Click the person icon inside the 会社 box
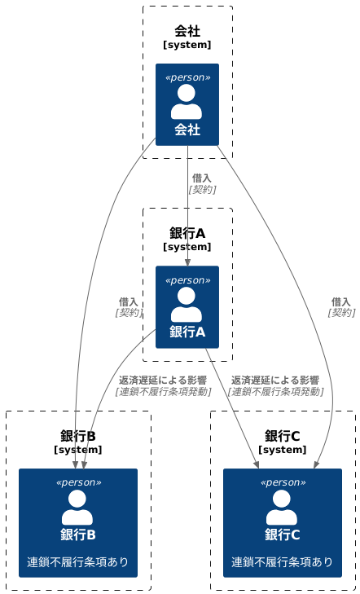tap(187, 102)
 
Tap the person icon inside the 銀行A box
tap(187, 304)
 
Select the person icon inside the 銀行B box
tap(77, 507)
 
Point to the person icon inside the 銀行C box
tap(282, 507)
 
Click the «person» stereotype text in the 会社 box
tap(187, 77)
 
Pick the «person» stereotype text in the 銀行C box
tap(283, 482)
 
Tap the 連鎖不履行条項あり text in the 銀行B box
tap(77, 561)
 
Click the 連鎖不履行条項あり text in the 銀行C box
tap(283, 561)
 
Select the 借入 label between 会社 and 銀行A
tap(202, 178)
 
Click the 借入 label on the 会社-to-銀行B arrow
tap(129, 301)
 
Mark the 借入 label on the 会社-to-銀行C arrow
tap(341, 301)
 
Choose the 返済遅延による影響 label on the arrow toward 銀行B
tap(163, 380)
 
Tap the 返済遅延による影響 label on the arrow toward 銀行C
tap(275, 380)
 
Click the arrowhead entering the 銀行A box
tap(187, 262)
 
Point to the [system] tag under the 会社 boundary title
tap(187, 45)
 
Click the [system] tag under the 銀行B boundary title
tap(78, 449)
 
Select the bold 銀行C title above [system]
tap(283, 436)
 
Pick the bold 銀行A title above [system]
tap(187, 233)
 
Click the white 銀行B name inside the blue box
tap(77, 535)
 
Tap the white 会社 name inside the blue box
tap(187, 130)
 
